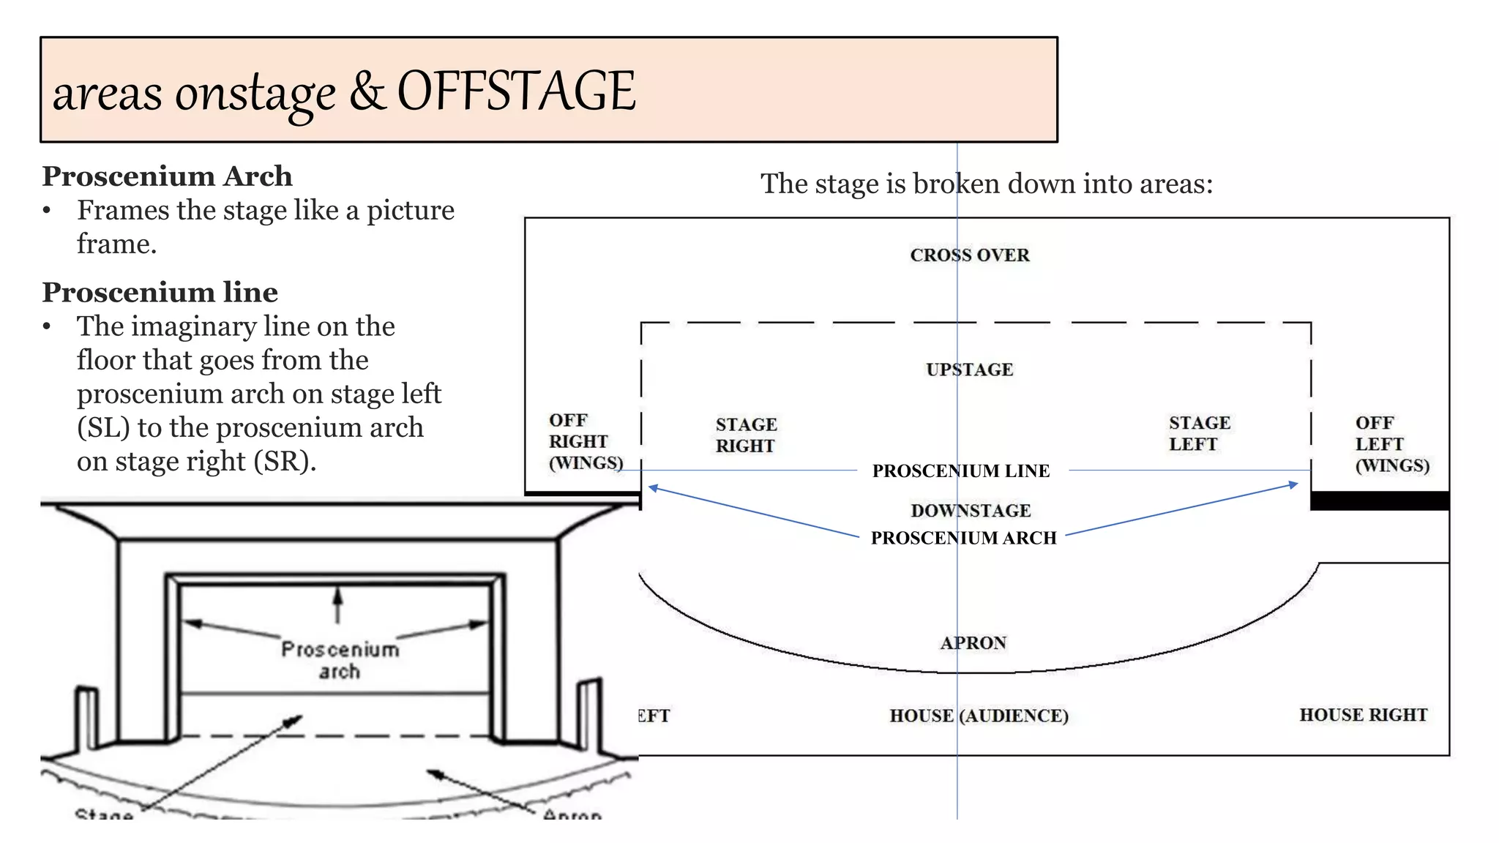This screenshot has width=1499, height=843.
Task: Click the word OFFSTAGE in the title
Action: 516,91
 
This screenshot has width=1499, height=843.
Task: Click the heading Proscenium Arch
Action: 167,176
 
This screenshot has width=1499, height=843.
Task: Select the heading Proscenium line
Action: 160,292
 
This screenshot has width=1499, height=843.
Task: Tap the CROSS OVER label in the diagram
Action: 969,255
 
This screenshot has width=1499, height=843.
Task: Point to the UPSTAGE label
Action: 969,370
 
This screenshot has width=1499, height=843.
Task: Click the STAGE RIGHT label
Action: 746,435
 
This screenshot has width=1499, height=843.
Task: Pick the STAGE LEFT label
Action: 1199,433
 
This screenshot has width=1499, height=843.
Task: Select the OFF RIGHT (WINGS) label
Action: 585,441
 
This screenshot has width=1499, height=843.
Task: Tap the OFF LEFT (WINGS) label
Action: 1391,443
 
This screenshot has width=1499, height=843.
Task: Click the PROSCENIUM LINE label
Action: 960,471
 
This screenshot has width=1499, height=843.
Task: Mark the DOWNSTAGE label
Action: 970,510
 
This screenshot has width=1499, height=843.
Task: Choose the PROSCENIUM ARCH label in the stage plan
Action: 963,538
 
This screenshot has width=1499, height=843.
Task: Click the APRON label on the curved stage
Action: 973,642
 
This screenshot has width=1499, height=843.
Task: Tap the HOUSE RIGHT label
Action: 1363,715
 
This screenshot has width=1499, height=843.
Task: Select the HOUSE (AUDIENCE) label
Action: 979,716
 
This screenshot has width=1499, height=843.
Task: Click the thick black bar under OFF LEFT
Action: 1379,501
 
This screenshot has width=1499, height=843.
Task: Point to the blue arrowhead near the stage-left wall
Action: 1293,484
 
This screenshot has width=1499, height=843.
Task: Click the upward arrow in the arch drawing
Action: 337,604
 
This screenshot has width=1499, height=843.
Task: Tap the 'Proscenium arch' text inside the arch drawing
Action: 340,660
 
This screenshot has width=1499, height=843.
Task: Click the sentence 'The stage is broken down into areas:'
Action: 986,184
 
